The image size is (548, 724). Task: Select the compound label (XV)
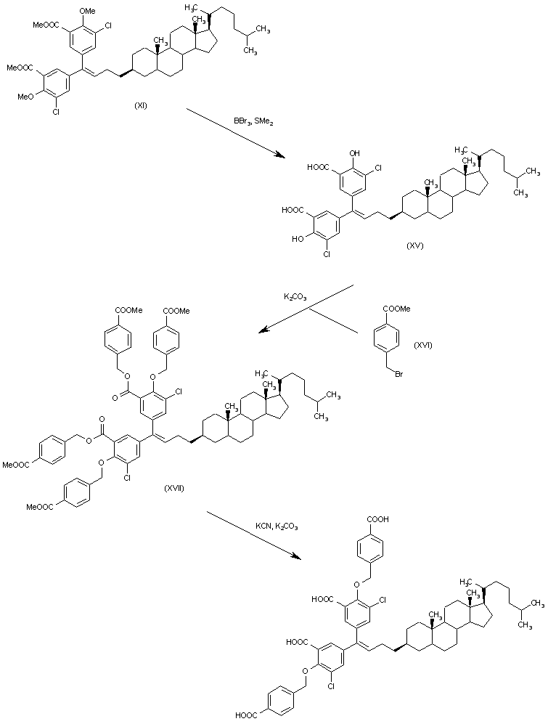point(415,246)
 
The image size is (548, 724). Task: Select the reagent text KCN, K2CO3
point(276,526)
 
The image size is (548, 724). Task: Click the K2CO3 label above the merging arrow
point(294,297)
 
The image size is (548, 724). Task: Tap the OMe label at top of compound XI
point(86,10)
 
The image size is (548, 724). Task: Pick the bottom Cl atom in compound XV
point(327,255)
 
